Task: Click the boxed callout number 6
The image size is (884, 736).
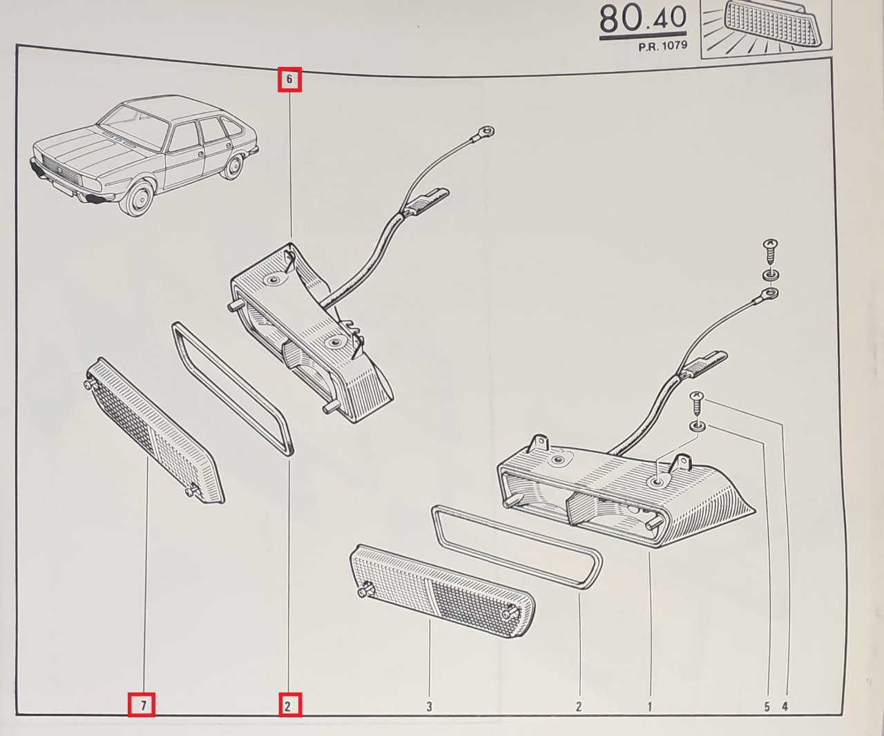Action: tap(289, 79)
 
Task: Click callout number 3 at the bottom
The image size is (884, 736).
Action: tap(430, 706)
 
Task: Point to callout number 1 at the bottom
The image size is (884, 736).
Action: tap(649, 706)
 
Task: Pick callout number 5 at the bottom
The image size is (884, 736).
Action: tap(767, 706)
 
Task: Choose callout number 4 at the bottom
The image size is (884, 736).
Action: tap(785, 706)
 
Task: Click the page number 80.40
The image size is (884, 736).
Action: tap(642, 19)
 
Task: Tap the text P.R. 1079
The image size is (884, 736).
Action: tap(663, 46)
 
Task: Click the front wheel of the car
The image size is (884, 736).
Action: tap(136, 200)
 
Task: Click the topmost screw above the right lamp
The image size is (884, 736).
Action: tap(771, 252)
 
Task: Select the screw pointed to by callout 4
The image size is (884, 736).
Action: tap(697, 403)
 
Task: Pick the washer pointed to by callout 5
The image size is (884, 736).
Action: tap(698, 426)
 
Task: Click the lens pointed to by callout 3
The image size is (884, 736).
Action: tap(443, 590)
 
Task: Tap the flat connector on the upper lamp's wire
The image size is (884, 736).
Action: tap(427, 201)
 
